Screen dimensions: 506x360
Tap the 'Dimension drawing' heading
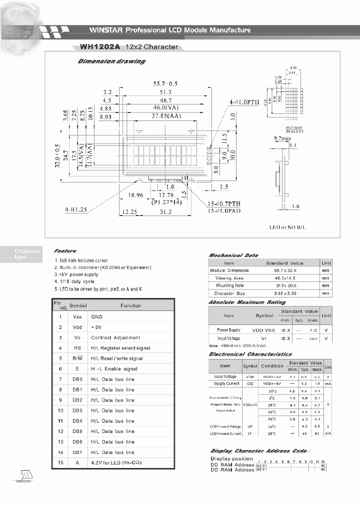coord(111,61)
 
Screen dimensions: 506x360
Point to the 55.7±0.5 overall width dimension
coord(165,83)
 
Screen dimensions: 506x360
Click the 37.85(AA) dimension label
coord(165,116)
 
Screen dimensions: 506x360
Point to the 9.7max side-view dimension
coord(282,137)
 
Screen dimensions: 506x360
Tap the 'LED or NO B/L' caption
coord(287,227)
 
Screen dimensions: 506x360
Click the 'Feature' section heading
coord(65,250)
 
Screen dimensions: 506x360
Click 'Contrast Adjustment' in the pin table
coord(115,337)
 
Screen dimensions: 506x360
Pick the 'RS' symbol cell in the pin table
coord(76,348)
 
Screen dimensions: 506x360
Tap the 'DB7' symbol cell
coord(77,452)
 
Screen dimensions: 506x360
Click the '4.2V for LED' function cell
coord(116,462)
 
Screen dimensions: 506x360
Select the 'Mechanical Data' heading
coord(233,255)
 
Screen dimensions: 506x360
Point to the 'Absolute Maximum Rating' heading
coord(247,302)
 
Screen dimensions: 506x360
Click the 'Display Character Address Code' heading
coord(258,450)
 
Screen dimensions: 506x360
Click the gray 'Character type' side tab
coord(27,254)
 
